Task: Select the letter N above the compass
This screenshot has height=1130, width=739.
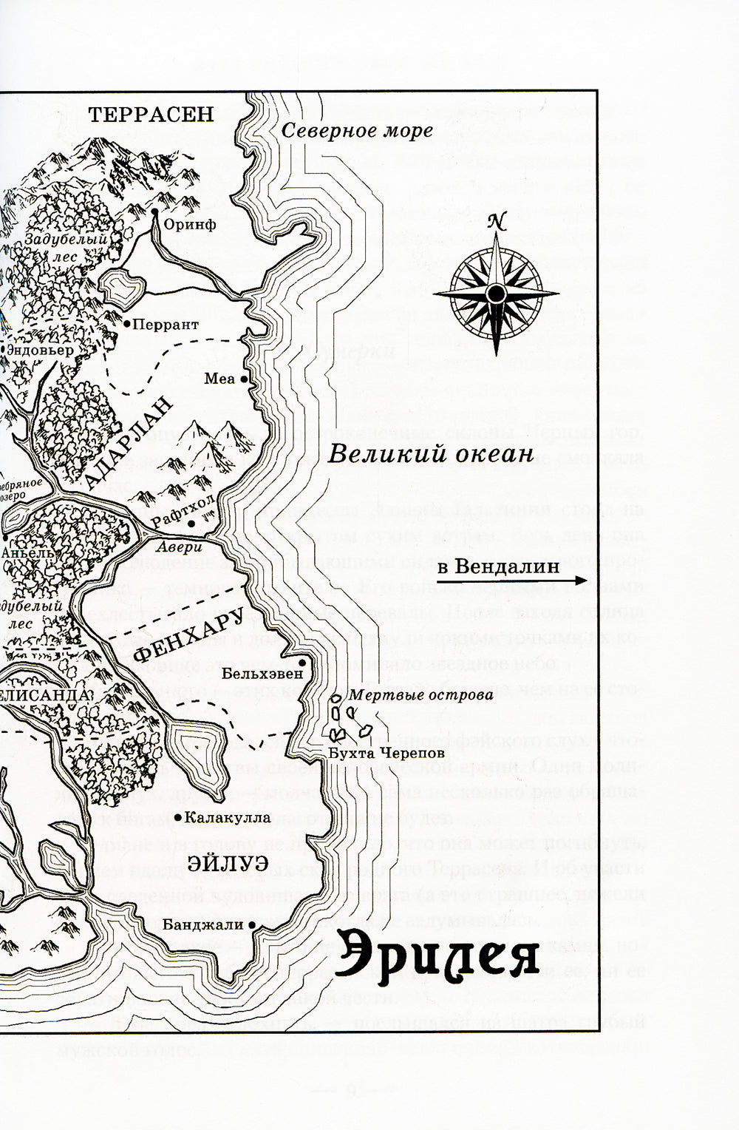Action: [497, 220]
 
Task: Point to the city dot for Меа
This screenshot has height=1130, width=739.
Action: [244, 379]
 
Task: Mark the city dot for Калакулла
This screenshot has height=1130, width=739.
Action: [180, 817]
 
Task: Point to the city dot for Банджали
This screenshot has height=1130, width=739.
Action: [253, 925]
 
